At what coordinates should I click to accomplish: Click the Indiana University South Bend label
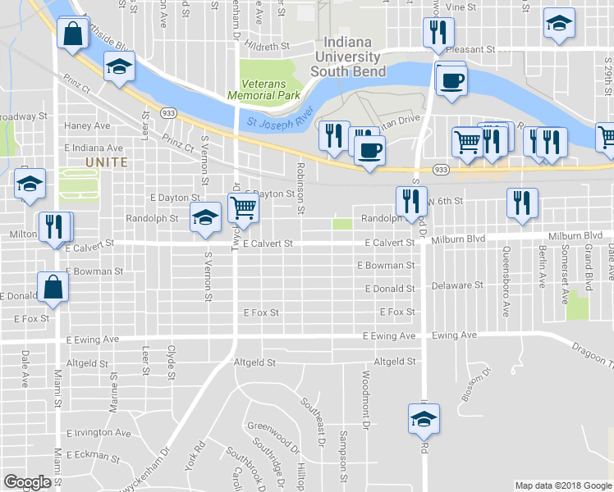(346, 57)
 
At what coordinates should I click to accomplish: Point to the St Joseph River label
(280, 116)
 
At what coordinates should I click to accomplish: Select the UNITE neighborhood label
(107, 162)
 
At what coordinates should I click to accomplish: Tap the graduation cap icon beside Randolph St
(205, 216)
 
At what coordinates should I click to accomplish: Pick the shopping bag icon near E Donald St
(53, 287)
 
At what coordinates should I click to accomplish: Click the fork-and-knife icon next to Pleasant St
(437, 32)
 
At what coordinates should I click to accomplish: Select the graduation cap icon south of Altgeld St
(424, 419)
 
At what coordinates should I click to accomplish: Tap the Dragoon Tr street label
(593, 353)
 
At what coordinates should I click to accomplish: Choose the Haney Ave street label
(87, 126)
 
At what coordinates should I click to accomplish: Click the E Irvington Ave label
(99, 433)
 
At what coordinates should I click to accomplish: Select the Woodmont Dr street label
(367, 402)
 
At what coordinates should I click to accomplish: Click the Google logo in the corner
(28, 483)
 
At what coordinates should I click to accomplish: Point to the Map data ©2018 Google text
(562, 485)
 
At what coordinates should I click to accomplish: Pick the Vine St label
(460, 7)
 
